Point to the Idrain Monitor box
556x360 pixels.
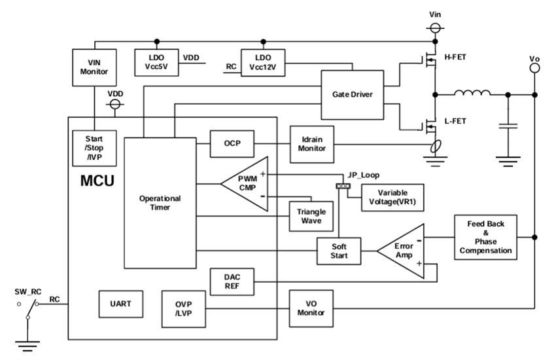[x=312, y=144]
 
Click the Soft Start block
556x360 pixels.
[x=338, y=251]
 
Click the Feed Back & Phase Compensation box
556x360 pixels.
[x=485, y=238]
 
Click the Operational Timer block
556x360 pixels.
[x=156, y=203]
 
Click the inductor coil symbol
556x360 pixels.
[x=471, y=94]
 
